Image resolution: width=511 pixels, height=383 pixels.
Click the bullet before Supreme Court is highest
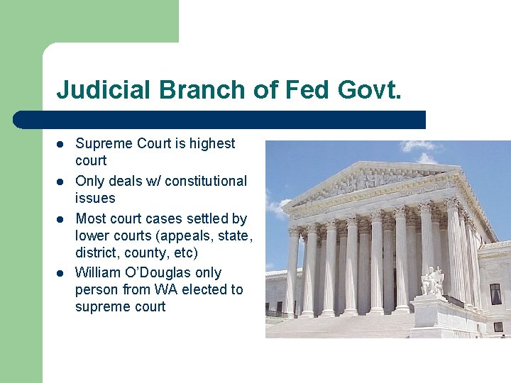click(62, 144)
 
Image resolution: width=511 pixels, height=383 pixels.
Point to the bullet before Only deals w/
click(62, 182)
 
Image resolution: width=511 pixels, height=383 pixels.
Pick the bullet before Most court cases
click(62, 219)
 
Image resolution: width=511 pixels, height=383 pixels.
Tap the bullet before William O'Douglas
click(62, 273)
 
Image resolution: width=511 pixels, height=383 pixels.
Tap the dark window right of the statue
click(495, 294)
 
